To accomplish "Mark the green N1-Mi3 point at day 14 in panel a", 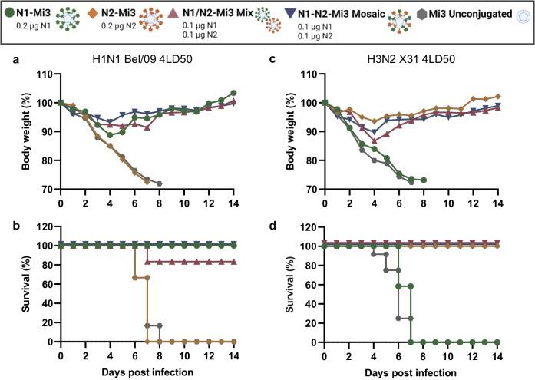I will point(233,93).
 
